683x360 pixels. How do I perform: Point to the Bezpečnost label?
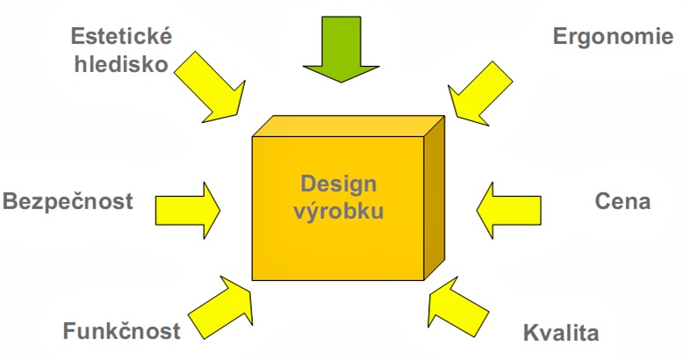68,201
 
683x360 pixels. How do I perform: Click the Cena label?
622,201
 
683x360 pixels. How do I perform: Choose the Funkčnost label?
121,331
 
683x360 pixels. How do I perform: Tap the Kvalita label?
560,334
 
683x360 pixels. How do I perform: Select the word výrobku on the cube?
340,212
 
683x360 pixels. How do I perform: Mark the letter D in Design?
308,184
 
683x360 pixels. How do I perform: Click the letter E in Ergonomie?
560,36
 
